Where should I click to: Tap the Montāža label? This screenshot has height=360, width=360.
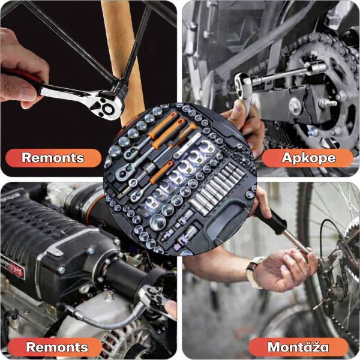[x=298, y=347]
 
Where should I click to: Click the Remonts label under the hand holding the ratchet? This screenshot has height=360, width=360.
[x=53, y=158]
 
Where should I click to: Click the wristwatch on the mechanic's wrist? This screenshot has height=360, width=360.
[x=253, y=272]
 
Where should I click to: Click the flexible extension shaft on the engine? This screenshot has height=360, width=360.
[x=103, y=318]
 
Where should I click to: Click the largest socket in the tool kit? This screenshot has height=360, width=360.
[x=158, y=222]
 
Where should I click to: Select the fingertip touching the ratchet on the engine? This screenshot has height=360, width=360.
[x=170, y=307]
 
